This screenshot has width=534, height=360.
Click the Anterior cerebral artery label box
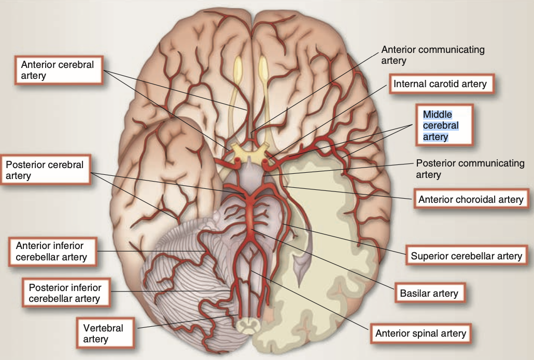click(59, 70)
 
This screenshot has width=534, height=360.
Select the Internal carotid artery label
click(440, 84)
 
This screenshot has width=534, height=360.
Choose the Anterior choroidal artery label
click(471, 199)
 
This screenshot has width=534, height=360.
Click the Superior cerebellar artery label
click(466, 256)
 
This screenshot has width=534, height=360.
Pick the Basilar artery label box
click(429, 293)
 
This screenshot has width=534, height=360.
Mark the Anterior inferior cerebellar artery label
click(53, 251)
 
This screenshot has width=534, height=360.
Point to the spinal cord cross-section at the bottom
click(248, 325)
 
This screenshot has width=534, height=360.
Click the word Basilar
click(414, 293)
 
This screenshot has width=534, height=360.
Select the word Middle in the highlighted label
click(438, 114)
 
